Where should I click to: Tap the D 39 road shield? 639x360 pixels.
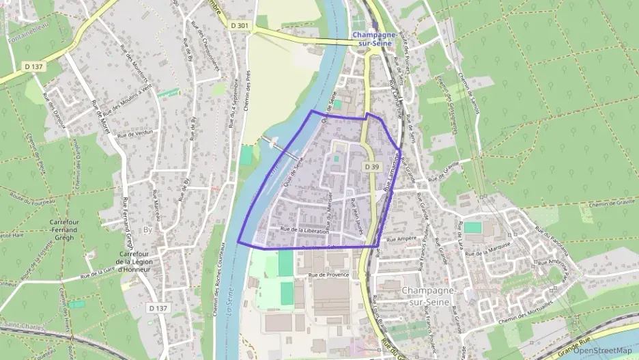[371, 167]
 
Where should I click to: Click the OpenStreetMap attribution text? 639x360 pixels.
[602, 350]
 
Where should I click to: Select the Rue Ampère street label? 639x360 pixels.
[401, 240]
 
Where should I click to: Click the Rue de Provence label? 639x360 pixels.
[328, 275]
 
